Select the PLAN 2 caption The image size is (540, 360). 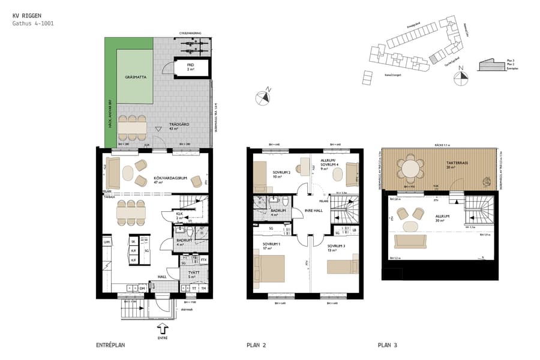pos(257,345)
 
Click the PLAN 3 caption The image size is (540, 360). pos(388,345)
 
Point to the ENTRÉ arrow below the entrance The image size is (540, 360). pos(163,329)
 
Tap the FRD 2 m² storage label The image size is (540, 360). pos(190,68)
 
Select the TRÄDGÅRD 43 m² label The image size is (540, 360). pos(179,126)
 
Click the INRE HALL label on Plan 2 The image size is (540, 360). pos(314,210)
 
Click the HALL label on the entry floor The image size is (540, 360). pos(161,277)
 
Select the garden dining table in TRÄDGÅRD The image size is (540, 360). pos(132,127)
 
